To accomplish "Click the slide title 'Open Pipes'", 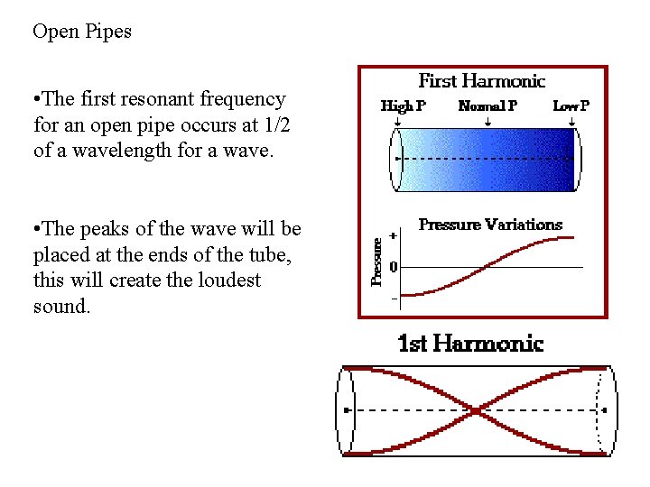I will point(82,32).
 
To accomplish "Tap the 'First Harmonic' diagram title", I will point(481,82).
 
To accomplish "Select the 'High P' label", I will point(403,106).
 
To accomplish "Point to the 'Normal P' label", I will point(487,106).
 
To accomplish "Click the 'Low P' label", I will point(571,106).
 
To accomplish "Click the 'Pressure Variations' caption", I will point(490,225).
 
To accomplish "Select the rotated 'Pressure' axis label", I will point(378,261).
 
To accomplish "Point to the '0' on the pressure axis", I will point(393,268).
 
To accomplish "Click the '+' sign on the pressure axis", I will point(393,236).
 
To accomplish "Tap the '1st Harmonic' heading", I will point(470,344).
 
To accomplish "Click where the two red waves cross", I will point(476,411).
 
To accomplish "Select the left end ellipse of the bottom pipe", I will point(346,410).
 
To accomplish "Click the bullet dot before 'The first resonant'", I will point(37,99).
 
